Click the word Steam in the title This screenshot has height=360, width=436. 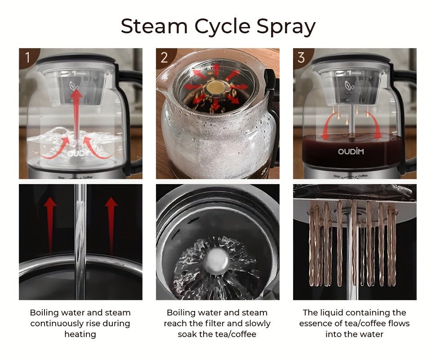point(154,26)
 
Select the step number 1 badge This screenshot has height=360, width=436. point(28,57)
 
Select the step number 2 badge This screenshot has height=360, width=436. point(165,57)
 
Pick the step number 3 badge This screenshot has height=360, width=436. point(302,57)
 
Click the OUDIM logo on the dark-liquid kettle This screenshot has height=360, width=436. point(351,151)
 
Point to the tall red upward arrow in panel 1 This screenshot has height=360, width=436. point(76,114)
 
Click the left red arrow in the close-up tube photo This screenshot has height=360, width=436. point(50,225)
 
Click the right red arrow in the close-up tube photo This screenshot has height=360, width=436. point(111,225)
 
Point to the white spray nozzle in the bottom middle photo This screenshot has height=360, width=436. point(217,260)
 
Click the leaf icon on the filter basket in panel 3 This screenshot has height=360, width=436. point(350,85)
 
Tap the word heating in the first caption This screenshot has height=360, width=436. point(80,334)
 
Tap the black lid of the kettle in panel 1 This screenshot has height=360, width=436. point(76,58)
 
